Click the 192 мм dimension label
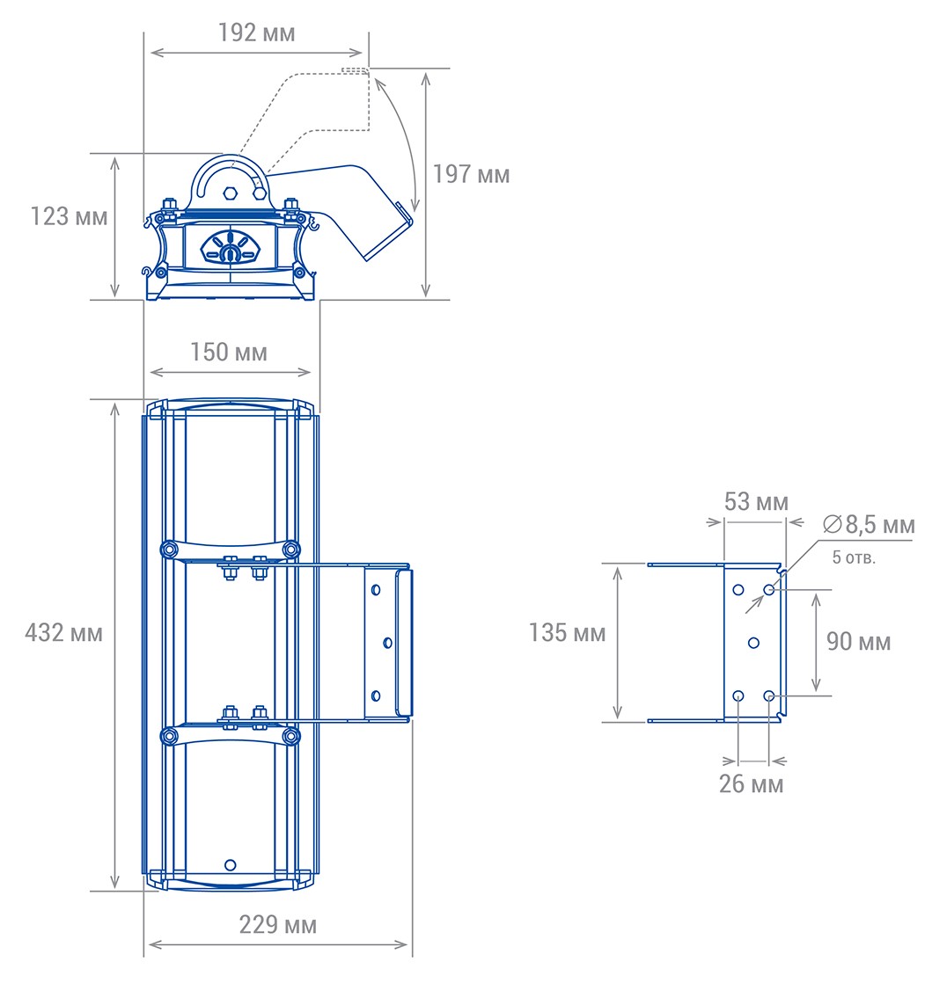[x=256, y=33]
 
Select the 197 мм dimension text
[x=472, y=174]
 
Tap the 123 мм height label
[x=69, y=216]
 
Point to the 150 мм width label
[x=229, y=353]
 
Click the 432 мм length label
[x=64, y=632]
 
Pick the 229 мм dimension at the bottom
[x=278, y=925]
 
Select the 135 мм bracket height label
[x=568, y=632]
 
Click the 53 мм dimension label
[x=756, y=501]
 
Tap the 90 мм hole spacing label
[x=859, y=641]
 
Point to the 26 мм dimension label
[x=752, y=783]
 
